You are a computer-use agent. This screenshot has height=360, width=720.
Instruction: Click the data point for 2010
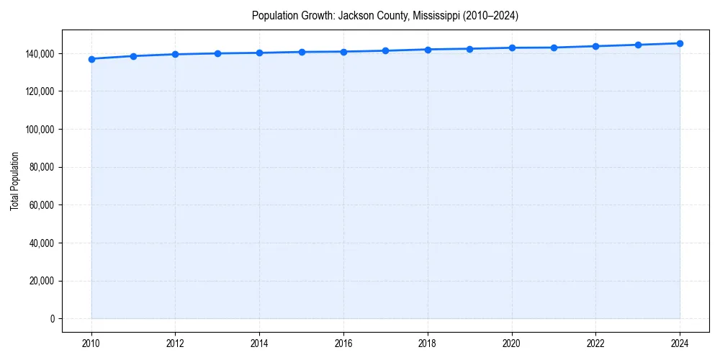click(91, 59)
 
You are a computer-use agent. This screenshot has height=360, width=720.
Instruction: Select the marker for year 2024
click(680, 43)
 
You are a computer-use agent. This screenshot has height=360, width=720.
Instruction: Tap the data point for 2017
click(386, 50)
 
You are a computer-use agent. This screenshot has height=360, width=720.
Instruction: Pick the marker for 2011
click(133, 56)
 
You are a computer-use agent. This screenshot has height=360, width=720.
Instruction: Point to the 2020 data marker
click(512, 48)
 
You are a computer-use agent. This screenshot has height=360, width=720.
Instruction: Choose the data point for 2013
click(217, 53)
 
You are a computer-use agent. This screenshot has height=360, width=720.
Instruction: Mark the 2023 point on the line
click(638, 45)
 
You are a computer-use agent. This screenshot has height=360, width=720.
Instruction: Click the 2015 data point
click(302, 52)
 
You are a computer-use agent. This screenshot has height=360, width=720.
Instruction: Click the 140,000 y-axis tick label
click(41, 54)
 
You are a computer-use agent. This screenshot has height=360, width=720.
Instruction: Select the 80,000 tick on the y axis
click(43, 167)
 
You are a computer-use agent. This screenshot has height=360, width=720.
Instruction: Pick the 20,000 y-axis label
click(43, 281)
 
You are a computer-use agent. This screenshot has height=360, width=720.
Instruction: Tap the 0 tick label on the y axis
click(53, 319)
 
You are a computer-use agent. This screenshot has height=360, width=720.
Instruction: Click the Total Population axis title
click(14, 182)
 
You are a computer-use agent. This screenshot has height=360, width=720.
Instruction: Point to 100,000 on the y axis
click(41, 130)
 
